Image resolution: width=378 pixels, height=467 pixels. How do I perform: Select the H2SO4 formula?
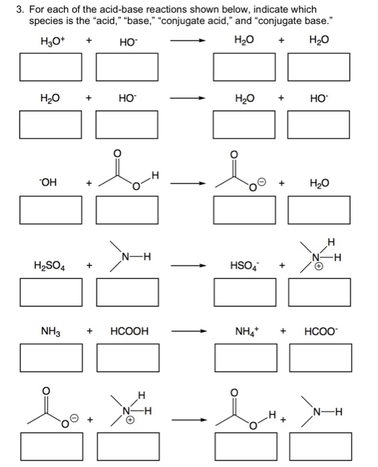[51, 267]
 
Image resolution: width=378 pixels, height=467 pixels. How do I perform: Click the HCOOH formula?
[129, 331]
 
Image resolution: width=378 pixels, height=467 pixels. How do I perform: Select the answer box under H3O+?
[51, 66]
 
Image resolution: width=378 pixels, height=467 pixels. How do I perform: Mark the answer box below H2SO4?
[51, 290]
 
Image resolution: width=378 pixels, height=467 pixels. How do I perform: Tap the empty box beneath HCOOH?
[128, 356]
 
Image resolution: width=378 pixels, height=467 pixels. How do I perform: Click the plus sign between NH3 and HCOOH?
[90, 331]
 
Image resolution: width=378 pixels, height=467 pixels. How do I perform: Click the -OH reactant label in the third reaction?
[48, 183]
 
